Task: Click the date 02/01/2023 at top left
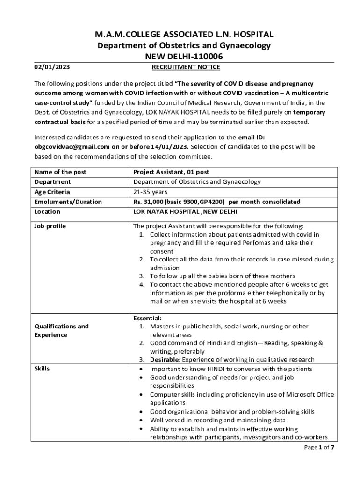point(52,67)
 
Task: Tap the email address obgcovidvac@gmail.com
point(72,146)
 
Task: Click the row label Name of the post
point(60,172)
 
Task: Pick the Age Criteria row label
point(52,192)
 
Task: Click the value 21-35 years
point(150,192)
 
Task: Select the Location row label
point(47,211)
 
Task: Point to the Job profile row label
point(50,226)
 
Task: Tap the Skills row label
point(42,369)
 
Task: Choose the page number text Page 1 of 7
point(318,447)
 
